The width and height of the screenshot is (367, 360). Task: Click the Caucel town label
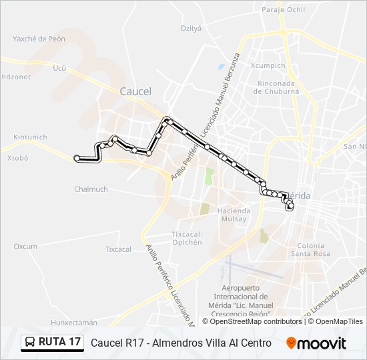[x=135, y=91]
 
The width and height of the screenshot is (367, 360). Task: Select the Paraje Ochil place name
[x=283, y=10]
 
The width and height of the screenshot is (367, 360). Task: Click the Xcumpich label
[x=268, y=66]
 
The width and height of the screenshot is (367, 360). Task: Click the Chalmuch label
[x=91, y=189]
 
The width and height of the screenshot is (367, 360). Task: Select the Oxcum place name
[x=25, y=246]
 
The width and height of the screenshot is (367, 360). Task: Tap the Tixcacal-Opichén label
[x=187, y=238]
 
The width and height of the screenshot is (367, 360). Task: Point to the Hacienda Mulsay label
[x=234, y=215]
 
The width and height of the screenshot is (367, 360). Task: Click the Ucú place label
[x=59, y=68]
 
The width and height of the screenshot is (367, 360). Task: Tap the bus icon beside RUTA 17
[x=30, y=343]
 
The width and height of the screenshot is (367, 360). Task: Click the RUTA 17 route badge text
[x=59, y=343]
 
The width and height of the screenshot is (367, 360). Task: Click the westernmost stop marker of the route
[x=77, y=158]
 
